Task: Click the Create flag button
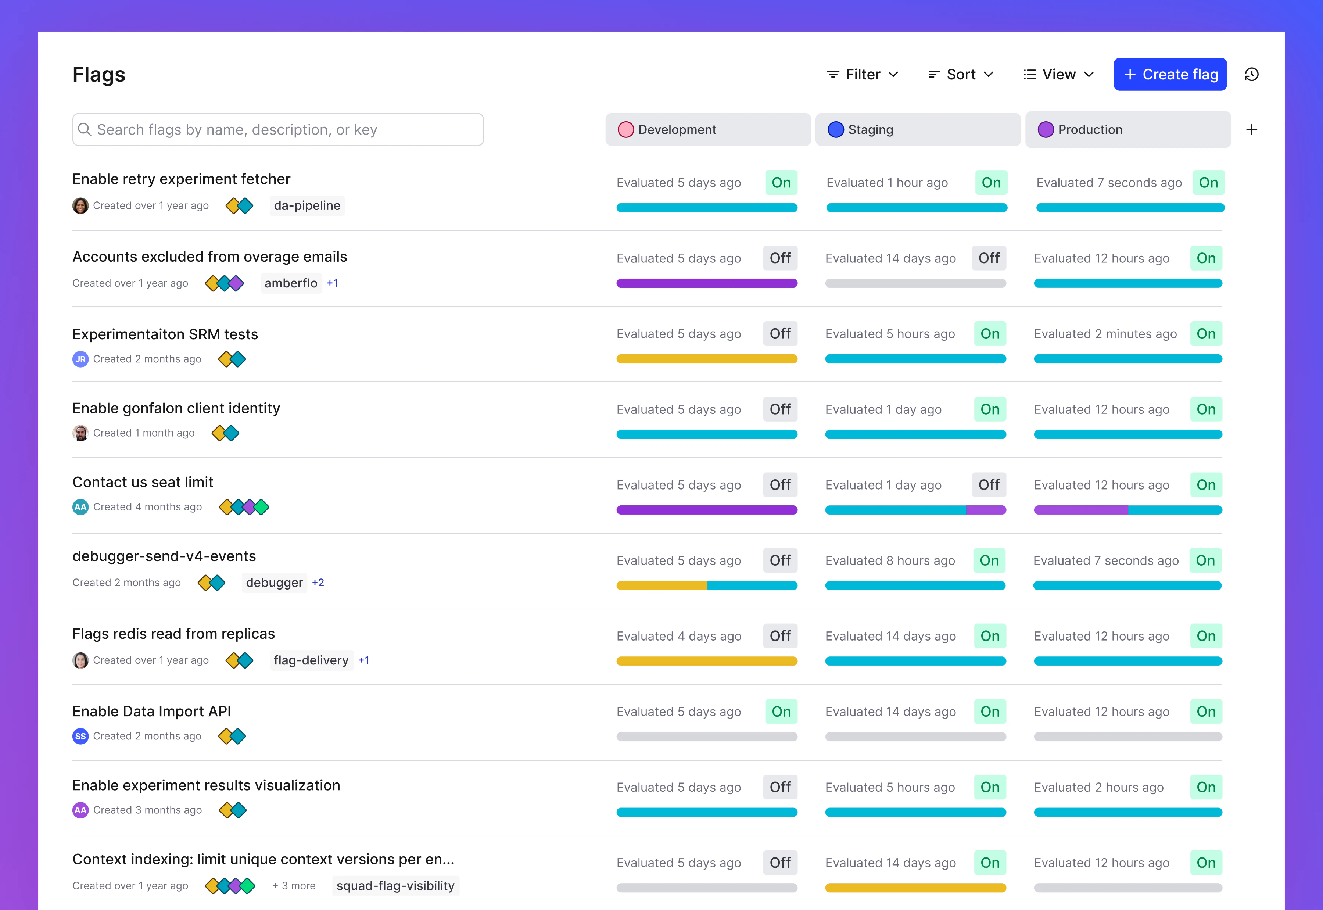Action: [1170, 74]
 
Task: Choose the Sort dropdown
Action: [961, 74]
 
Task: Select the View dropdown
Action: [1058, 74]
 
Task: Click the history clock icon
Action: [1251, 74]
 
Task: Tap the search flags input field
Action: [278, 129]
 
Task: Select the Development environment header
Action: [707, 129]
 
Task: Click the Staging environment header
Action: [917, 129]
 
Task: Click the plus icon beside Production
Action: [1251, 129]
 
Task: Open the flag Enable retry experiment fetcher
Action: [181, 179]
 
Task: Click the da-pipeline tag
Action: [306, 205]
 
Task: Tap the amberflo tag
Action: [291, 283]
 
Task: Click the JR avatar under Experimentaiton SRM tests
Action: [80, 359]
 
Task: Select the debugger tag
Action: [274, 582]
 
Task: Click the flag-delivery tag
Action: [311, 660]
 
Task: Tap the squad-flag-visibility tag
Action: [395, 885]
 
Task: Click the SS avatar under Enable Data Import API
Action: [80, 736]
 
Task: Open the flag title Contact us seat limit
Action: [143, 482]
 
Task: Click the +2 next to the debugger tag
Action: [318, 582]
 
